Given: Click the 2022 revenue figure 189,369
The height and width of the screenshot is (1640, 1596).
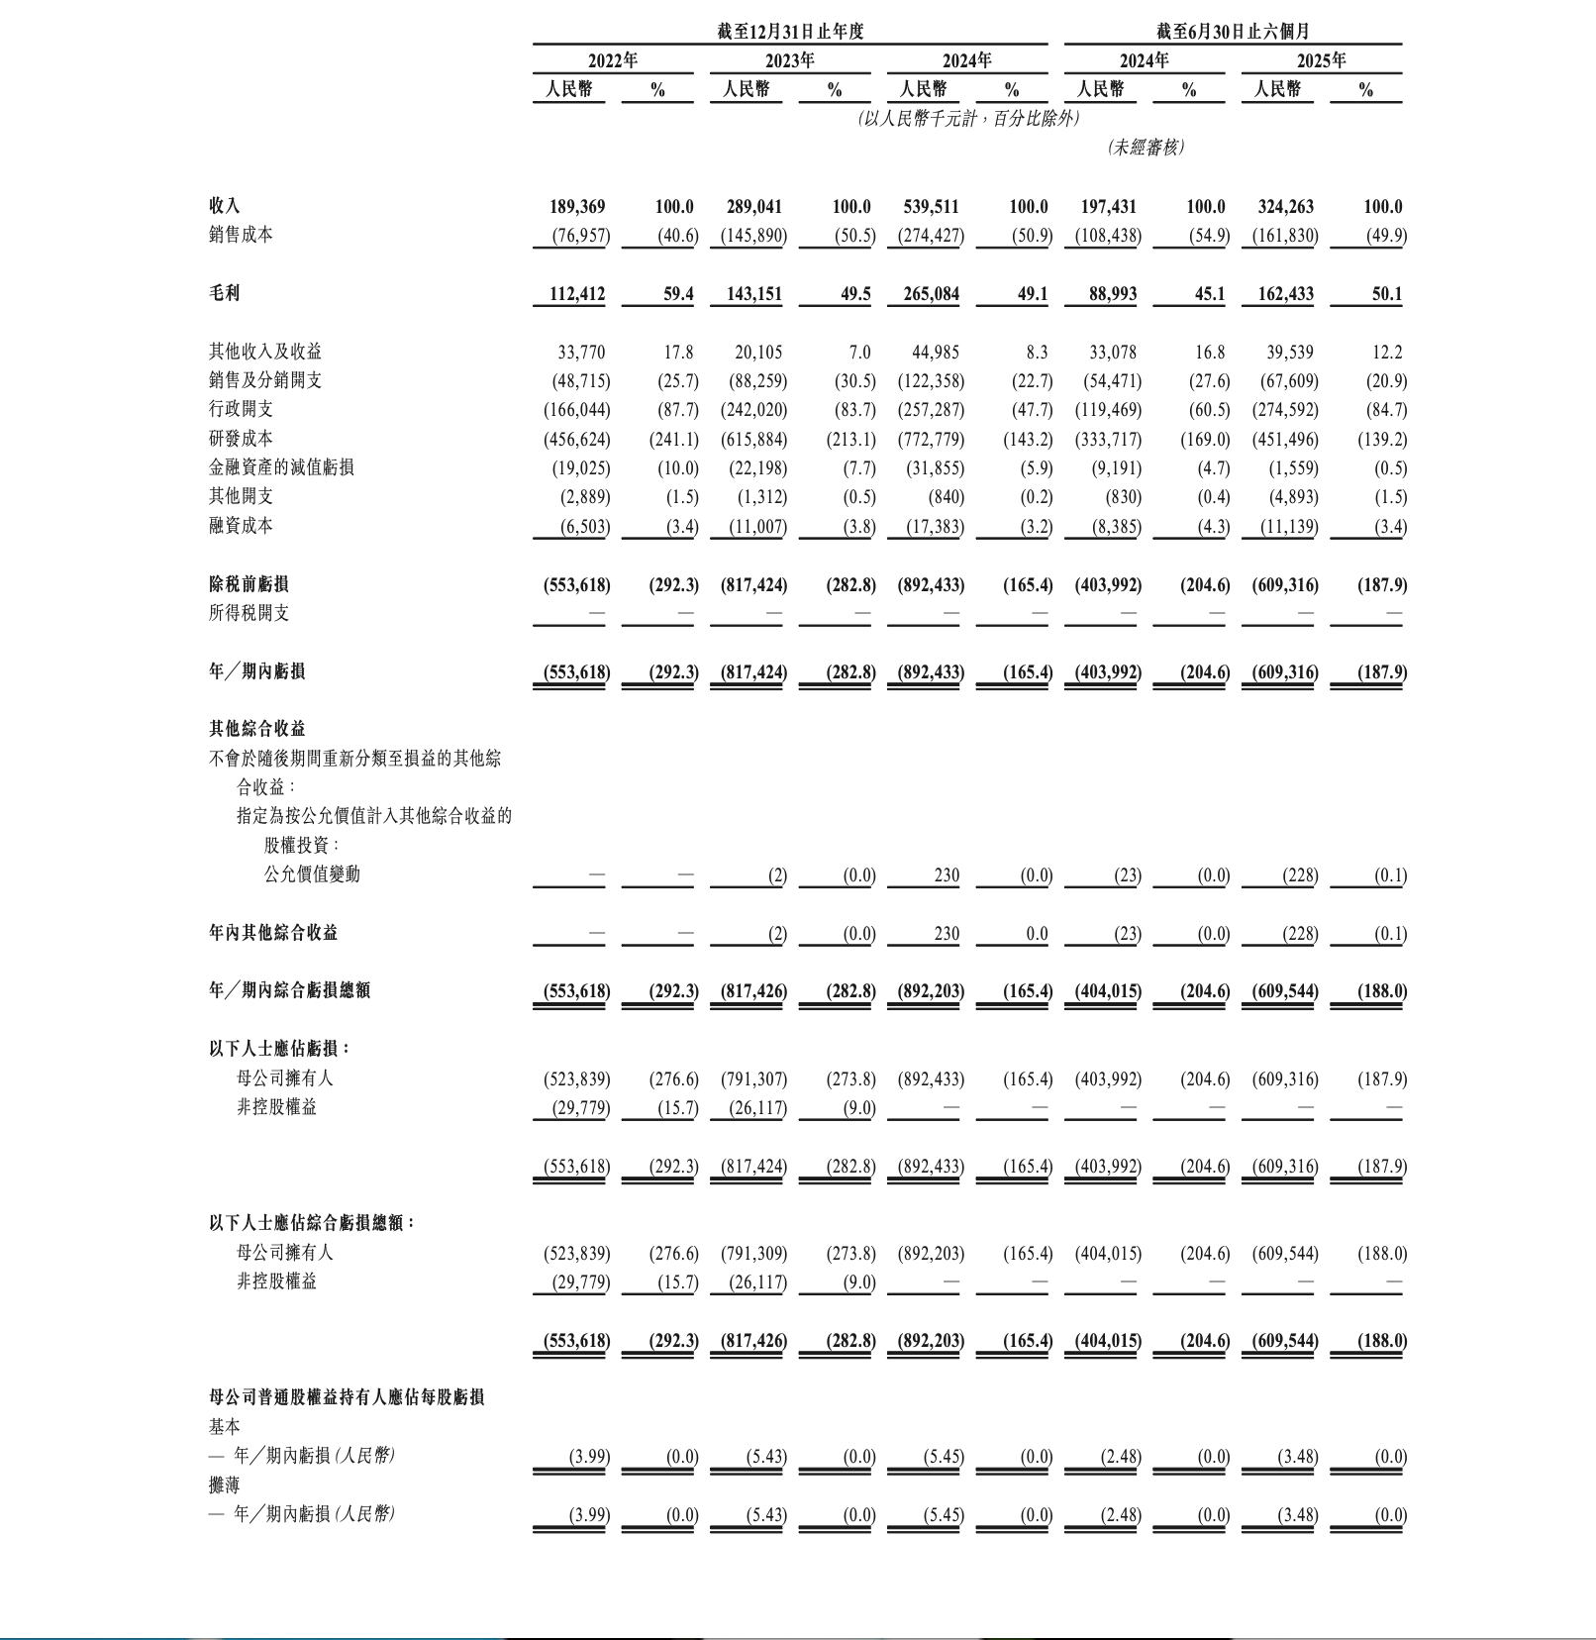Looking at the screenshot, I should [x=577, y=207].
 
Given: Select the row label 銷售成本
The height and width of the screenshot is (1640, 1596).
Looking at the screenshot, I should [x=241, y=235].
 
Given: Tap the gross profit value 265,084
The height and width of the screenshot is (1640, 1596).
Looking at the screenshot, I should [x=931, y=294].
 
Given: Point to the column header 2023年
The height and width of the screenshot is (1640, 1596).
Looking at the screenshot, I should [x=789, y=60].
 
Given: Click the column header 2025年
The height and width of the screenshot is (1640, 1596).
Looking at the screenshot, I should [x=1321, y=60].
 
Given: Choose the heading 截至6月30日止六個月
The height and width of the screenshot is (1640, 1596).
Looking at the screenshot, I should [x=1233, y=32].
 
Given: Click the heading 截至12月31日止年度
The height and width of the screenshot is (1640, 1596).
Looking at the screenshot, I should [x=790, y=32].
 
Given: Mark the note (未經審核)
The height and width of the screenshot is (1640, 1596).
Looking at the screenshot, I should [x=1145, y=147].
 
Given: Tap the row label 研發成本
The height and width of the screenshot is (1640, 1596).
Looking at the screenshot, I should [x=241, y=438].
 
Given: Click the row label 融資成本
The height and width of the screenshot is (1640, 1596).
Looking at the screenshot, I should [x=241, y=526].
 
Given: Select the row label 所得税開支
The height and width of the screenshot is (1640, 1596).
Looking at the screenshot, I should [x=249, y=613].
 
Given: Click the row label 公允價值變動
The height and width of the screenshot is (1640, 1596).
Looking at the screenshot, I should [x=312, y=874].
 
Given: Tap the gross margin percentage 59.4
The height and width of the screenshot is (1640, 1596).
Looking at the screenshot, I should [x=678, y=294].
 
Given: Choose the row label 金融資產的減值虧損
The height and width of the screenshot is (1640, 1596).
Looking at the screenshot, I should [x=281, y=467].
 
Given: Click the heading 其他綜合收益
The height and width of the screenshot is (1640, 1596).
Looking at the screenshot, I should [x=256, y=729].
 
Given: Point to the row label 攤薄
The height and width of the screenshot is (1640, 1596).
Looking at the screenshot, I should [x=224, y=1485].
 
